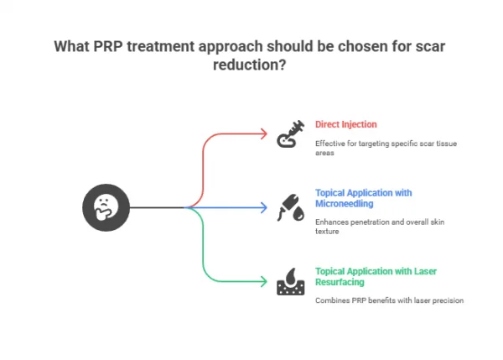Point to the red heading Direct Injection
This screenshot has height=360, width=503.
coord(345,124)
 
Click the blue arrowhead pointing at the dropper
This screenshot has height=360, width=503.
coord(263,207)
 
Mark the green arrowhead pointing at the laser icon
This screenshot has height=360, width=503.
coord(263,281)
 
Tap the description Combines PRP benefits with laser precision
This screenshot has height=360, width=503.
coord(388,300)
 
